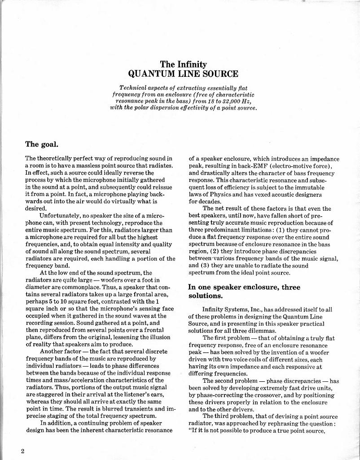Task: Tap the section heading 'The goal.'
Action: (x=42, y=144)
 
